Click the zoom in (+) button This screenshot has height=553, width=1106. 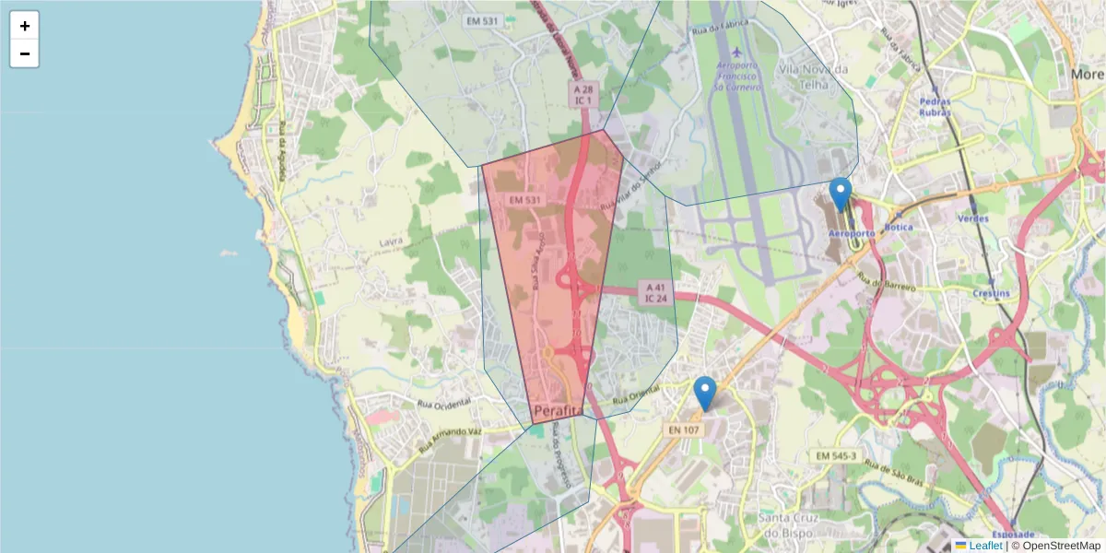(x=25, y=26)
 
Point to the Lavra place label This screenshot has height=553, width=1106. (x=392, y=242)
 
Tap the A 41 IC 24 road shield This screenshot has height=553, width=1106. (x=655, y=293)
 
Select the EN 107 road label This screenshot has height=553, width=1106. (x=684, y=429)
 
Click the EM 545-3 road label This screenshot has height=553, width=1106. (x=836, y=456)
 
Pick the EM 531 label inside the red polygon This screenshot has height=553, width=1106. (x=524, y=200)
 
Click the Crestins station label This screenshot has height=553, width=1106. (x=990, y=294)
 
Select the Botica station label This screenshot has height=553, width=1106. (x=898, y=227)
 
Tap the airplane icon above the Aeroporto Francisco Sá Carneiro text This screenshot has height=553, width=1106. (x=736, y=51)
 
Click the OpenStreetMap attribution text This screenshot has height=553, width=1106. (x=1057, y=546)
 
